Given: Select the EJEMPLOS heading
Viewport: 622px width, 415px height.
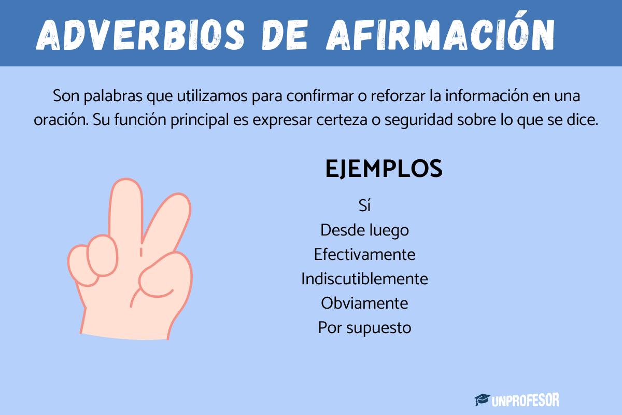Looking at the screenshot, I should [384, 169].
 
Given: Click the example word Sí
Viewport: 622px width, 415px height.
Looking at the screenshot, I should [365, 205].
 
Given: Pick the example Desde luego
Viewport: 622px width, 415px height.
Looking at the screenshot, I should [364, 230].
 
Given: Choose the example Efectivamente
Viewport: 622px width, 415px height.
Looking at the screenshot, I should [364, 254].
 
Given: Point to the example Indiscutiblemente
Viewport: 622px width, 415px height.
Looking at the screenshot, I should [364, 279].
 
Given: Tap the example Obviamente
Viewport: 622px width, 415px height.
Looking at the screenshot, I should [364, 303].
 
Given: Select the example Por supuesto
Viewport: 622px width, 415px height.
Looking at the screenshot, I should [364, 327].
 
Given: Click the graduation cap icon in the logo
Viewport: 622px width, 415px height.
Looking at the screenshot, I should [483, 399].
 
